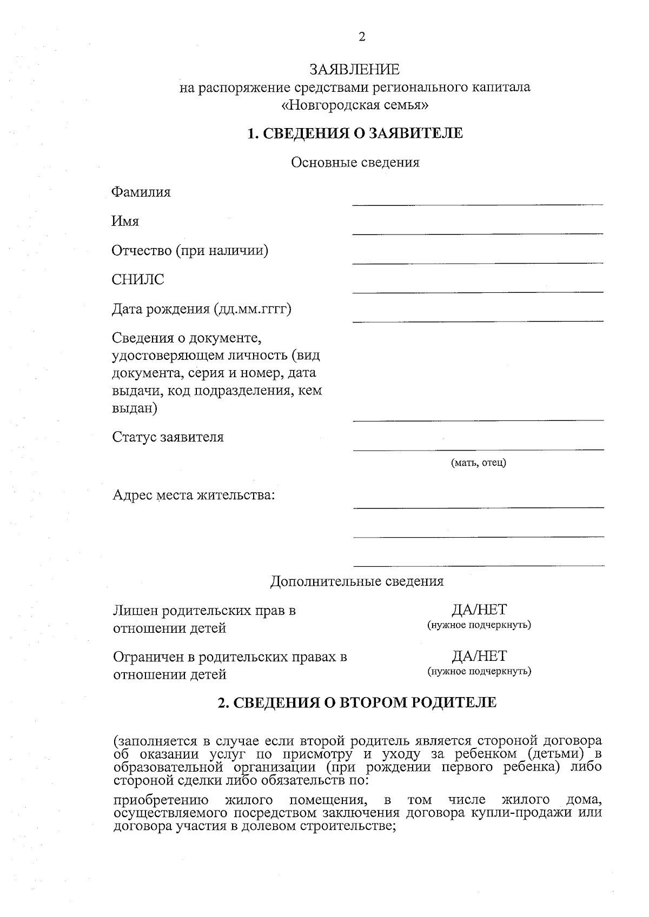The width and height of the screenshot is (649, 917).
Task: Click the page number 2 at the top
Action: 362,37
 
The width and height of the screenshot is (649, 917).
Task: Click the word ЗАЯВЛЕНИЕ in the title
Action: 354,70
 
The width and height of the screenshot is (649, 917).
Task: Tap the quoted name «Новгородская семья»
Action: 355,105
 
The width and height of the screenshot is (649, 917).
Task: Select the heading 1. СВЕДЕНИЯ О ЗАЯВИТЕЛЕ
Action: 355,133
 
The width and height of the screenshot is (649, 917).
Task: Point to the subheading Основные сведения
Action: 355,162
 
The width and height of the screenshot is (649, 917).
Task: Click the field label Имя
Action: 125,222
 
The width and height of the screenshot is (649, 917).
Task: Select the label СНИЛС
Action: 138,280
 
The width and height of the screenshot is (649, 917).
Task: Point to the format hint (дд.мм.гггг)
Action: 253,309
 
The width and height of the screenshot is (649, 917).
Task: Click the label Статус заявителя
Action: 168,437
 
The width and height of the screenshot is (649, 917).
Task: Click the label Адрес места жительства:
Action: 194,495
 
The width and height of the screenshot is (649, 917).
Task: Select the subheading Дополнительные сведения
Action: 356,581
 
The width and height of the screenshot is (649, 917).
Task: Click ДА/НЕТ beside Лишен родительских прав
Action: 479,610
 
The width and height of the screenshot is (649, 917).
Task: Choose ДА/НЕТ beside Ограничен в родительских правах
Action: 479,656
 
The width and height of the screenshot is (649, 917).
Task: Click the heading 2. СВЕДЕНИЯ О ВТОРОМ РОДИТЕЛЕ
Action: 356,702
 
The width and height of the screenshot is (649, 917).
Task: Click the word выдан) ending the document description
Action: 134,408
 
